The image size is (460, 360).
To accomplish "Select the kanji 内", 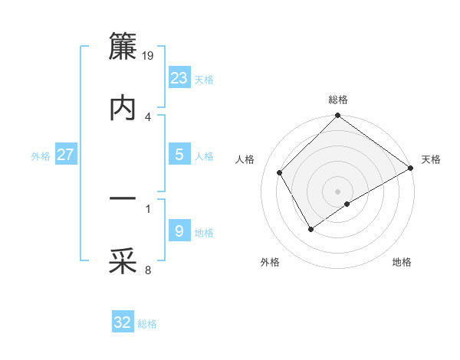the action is coord(123,108).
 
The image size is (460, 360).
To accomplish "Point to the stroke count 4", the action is coord(148,116).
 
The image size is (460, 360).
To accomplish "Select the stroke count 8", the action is coord(148,270).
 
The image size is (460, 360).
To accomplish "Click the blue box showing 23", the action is coord(179,78).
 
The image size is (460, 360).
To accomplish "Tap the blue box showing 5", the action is coord(179,155).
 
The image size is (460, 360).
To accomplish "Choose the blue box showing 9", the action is coord(179,231).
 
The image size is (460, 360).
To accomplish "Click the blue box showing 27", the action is coord(65,155).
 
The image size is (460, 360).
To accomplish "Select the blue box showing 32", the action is coord(123,322).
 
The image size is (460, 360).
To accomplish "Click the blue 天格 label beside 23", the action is coord(204,80).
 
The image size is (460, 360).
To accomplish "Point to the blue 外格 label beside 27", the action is coord(41,156).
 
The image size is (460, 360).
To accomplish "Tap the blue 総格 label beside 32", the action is coord(147,324).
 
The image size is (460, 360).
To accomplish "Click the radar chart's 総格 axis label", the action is coord(337,100).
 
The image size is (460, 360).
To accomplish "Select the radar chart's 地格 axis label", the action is coord(402,262).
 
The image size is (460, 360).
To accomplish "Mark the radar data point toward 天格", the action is coord(411,169).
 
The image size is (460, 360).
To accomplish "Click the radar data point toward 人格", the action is coord(280,172).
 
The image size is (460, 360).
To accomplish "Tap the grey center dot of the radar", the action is coord(337,191).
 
